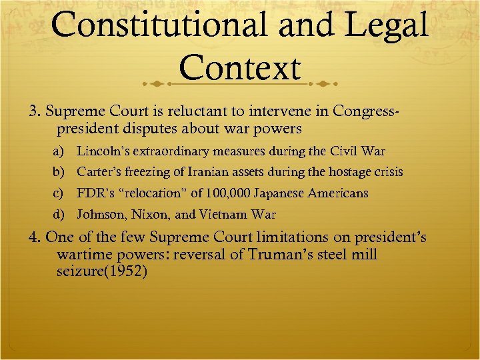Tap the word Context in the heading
[240, 68]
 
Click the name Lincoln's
[101, 151]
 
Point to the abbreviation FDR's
[94, 193]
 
